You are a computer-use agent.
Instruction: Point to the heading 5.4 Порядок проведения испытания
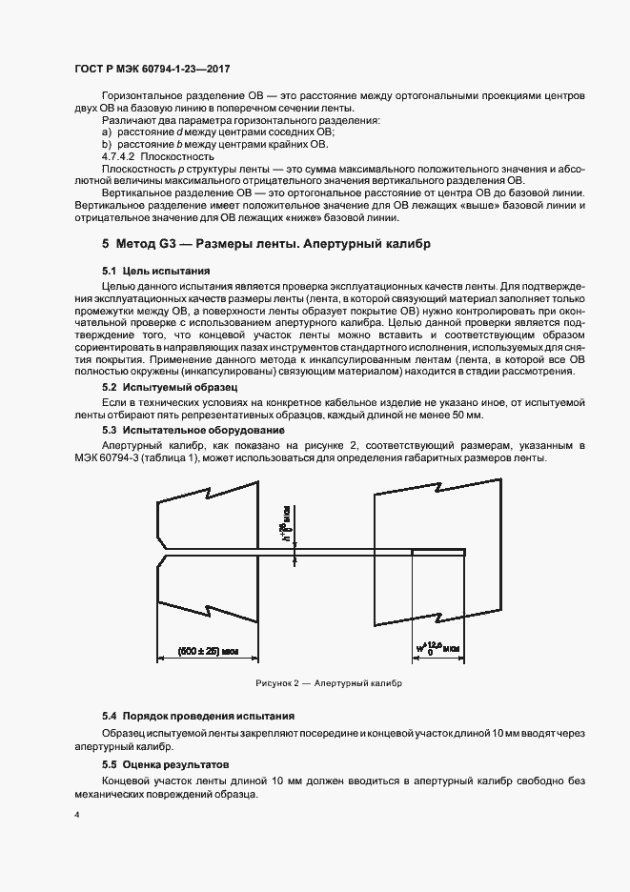tap(198, 715)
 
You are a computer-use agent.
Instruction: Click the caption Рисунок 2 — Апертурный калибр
tap(329, 683)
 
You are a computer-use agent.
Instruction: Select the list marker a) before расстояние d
tap(106, 132)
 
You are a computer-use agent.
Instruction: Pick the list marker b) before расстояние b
tap(106, 144)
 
